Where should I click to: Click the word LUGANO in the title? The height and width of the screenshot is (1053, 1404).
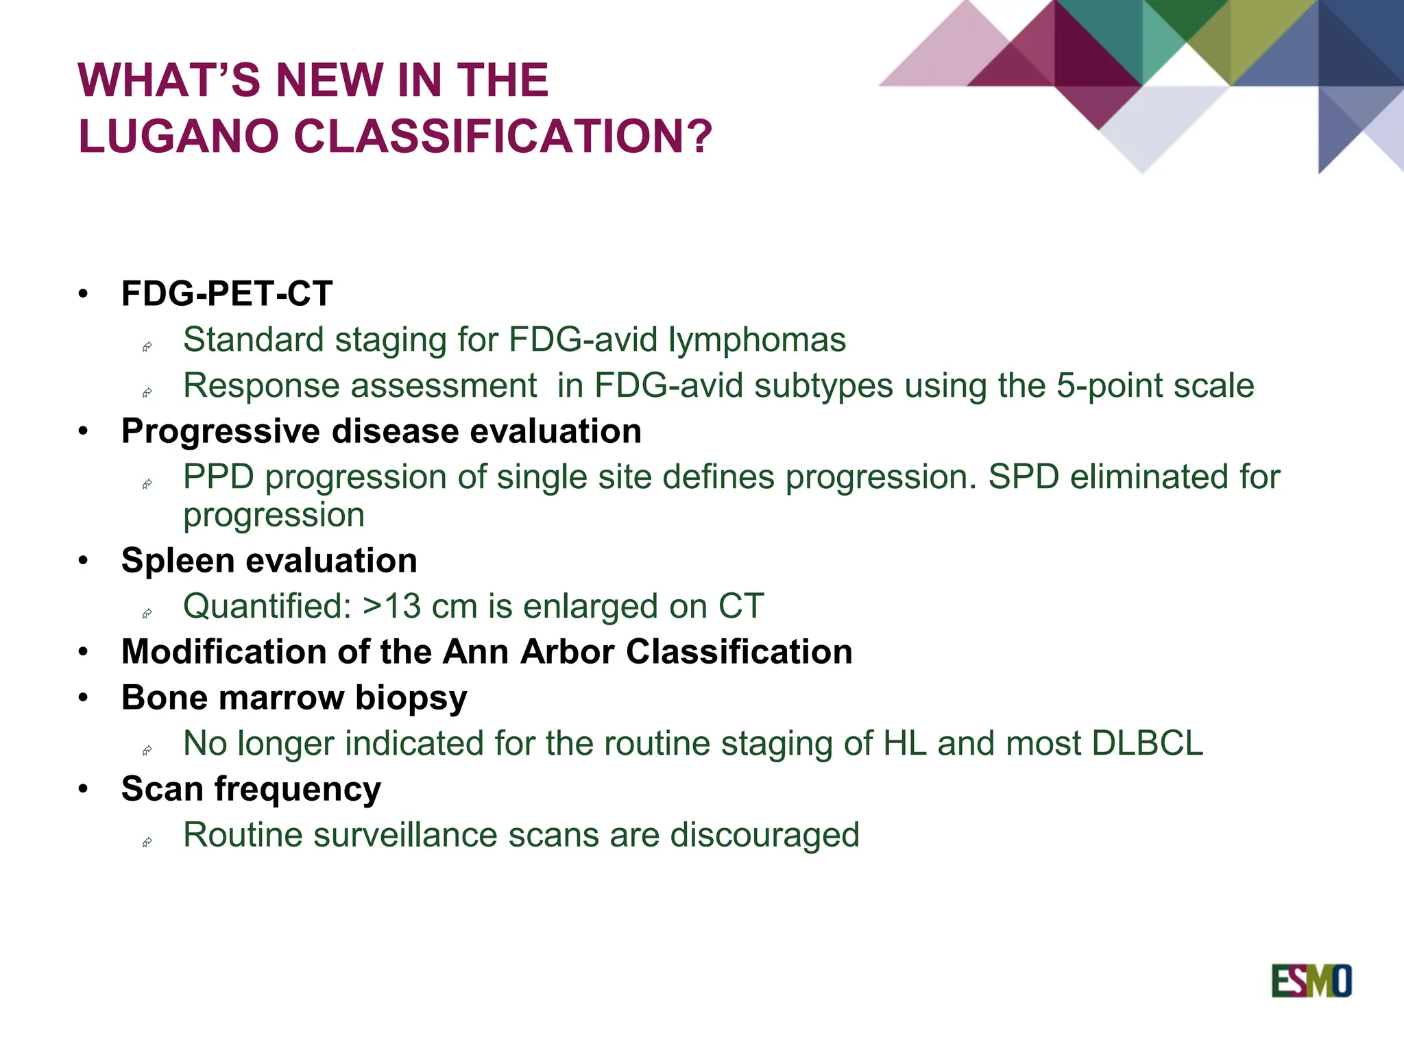[178, 136]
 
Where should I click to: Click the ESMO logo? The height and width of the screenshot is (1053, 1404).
[1311, 981]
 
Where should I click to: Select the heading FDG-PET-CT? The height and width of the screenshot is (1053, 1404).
[226, 293]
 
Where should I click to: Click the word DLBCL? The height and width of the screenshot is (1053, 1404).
[1148, 743]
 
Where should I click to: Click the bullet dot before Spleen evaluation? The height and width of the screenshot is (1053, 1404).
[83, 561]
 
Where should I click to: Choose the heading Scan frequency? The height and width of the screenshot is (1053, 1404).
[251, 789]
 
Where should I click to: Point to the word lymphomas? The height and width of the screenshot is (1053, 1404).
[757, 339]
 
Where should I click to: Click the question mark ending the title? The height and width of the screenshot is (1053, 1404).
[699, 136]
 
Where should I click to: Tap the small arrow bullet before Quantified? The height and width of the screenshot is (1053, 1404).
[147, 613]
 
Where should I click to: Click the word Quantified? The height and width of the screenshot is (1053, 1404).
[267, 606]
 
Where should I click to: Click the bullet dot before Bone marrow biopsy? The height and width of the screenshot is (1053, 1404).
[83, 698]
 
